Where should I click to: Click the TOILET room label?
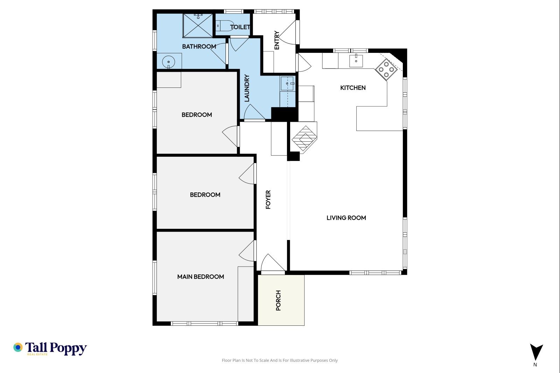click(240, 27)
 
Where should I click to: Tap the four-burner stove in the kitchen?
click(386, 69)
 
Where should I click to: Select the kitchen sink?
click(356, 61)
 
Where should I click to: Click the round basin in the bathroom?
click(168, 62)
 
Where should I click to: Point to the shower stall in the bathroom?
click(198, 26)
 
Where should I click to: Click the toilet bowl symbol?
click(225, 26)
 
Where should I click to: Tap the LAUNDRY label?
click(247, 88)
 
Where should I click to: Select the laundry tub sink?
click(287, 83)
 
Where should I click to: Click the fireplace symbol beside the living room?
click(304, 139)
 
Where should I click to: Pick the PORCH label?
click(278, 300)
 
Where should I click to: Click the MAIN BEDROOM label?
click(201, 277)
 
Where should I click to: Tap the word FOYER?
click(268, 199)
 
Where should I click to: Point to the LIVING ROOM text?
click(346, 218)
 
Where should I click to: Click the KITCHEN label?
click(353, 88)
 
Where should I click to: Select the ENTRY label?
click(277, 40)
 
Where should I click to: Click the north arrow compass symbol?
click(536, 352)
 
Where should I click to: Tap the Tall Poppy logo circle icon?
click(18, 347)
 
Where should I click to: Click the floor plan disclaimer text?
click(280, 360)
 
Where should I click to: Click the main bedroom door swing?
click(247, 251)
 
